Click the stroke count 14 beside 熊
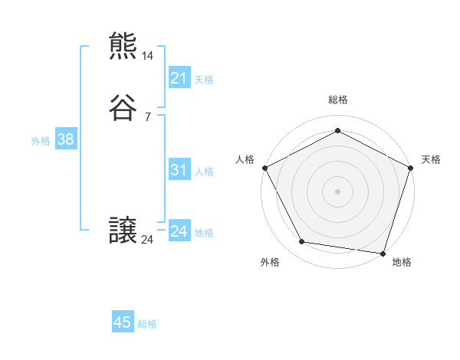(148, 56)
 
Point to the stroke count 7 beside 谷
(147, 116)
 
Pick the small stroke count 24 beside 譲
(148, 240)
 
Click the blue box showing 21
(179, 78)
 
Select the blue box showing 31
(179, 170)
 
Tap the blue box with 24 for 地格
(179, 231)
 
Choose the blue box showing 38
(65, 139)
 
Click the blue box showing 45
(123, 322)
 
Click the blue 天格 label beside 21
(204, 80)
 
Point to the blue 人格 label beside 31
(204, 172)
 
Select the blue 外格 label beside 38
(41, 141)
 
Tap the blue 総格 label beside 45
(147, 324)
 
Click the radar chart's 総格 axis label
(337, 100)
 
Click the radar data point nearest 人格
(264, 168)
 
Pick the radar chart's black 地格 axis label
(402, 262)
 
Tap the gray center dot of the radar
(337, 191)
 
